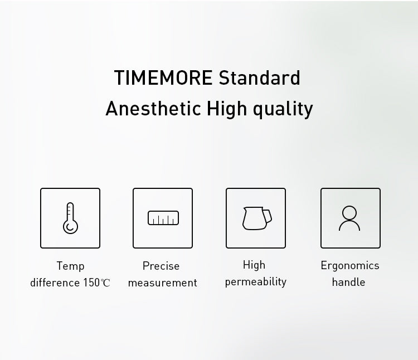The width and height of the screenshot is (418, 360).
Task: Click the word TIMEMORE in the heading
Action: [x=163, y=78]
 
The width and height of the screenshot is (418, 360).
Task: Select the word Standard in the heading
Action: [x=259, y=78]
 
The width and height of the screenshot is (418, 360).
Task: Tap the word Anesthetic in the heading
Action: [x=153, y=108]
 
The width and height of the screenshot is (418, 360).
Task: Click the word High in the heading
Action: [x=226, y=108]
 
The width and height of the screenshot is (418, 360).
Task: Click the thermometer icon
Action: [x=70, y=218]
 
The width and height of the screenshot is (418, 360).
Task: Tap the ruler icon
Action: [x=163, y=218]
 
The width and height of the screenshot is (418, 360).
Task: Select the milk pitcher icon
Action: [x=256, y=218]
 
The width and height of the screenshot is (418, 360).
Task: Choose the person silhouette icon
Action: [x=350, y=218]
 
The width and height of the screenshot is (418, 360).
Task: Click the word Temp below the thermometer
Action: [x=70, y=266]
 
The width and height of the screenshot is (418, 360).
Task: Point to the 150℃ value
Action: [x=97, y=283]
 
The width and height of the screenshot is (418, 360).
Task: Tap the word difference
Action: [x=55, y=283]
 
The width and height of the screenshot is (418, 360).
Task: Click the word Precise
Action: [x=161, y=266]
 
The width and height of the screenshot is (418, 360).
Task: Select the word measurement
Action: [x=163, y=283]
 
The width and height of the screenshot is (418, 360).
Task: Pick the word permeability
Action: [x=256, y=282]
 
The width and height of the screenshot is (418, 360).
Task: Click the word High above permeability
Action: [x=254, y=265]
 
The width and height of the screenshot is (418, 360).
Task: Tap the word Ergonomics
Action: [x=350, y=265]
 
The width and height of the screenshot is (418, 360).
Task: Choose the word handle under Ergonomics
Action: [x=348, y=282]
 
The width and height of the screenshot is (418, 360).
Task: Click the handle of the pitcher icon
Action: [x=268, y=215]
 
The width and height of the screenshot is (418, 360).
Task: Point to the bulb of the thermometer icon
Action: [x=70, y=227]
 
